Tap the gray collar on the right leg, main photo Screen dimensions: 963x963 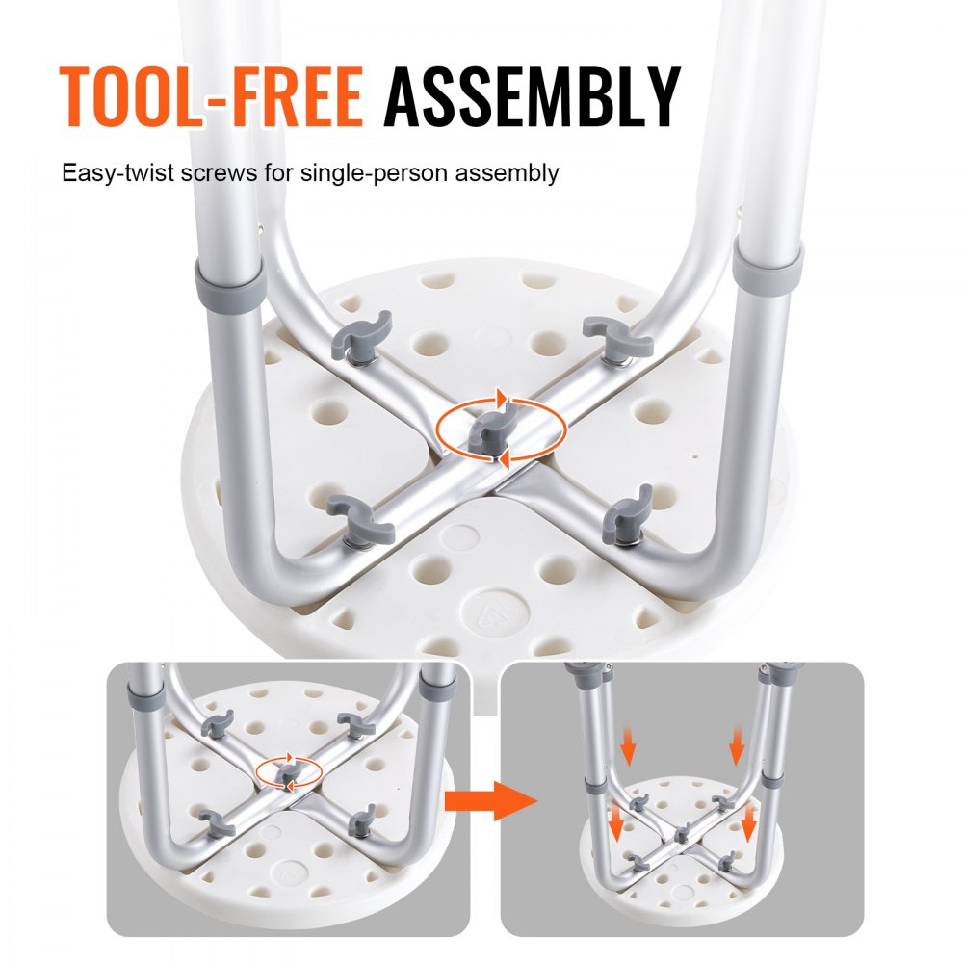(x=768, y=264)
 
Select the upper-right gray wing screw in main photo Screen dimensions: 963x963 (x=617, y=336)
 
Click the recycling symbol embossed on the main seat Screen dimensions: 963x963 (x=486, y=613)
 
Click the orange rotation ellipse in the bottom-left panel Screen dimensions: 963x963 (x=289, y=772)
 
